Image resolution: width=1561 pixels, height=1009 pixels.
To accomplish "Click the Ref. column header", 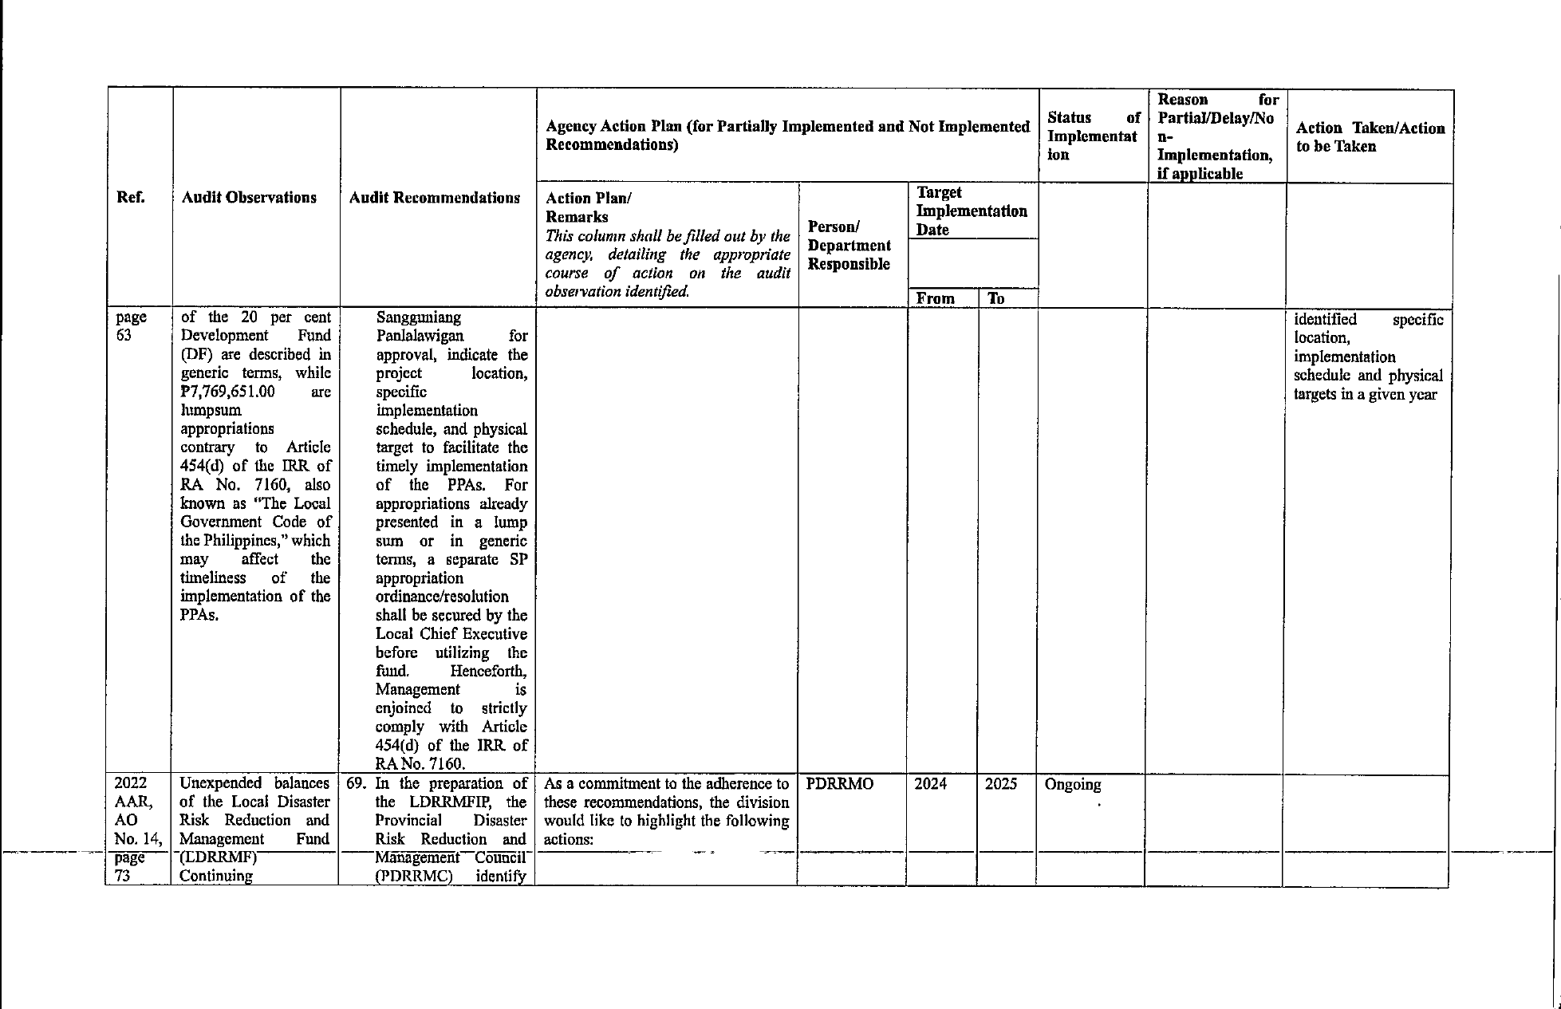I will pyautogui.click(x=130, y=198).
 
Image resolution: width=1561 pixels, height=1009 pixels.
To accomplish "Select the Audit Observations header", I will pyautogui.click(x=249, y=198).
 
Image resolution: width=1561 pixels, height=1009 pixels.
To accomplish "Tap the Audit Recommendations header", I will pyautogui.click(x=435, y=198).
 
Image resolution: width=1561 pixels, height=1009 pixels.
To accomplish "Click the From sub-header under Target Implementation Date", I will pyautogui.click(x=935, y=298).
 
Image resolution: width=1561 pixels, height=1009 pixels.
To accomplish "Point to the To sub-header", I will pyautogui.click(x=995, y=298).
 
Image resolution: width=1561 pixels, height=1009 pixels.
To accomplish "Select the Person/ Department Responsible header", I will pyautogui.click(x=849, y=245).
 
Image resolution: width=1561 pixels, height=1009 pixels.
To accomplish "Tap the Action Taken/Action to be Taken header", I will pyautogui.click(x=1370, y=137).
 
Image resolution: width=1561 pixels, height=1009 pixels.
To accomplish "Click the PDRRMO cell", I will pyautogui.click(x=839, y=784).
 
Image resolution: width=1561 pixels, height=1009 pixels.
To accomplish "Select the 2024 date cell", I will pyautogui.click(x=930, y=784).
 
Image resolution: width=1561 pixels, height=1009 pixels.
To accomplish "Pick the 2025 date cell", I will pyautogui.click(x=1000, y=784).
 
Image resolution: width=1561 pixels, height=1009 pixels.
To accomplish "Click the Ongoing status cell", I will pyautogui.click(x=1072, y=785).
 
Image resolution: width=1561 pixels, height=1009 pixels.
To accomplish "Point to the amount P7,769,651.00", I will pyautogui.click(x=228, y=392).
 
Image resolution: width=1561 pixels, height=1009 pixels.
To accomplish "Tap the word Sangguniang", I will pyautogui.click(x=419, y=317).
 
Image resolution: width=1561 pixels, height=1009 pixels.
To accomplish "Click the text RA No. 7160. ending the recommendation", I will pyautogui.click(x=420, y=763).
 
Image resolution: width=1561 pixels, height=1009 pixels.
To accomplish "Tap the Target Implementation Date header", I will pyautogui.click(x=971, y=211).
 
